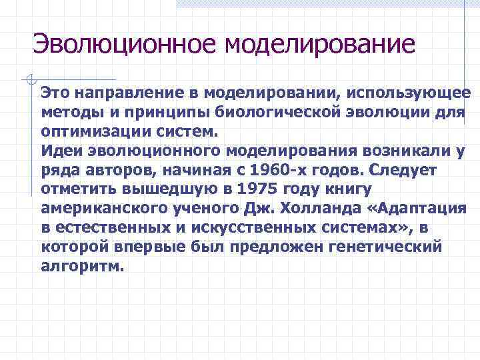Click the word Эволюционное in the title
click(x=124, y=45)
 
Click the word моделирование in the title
click(x=320, y=45)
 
